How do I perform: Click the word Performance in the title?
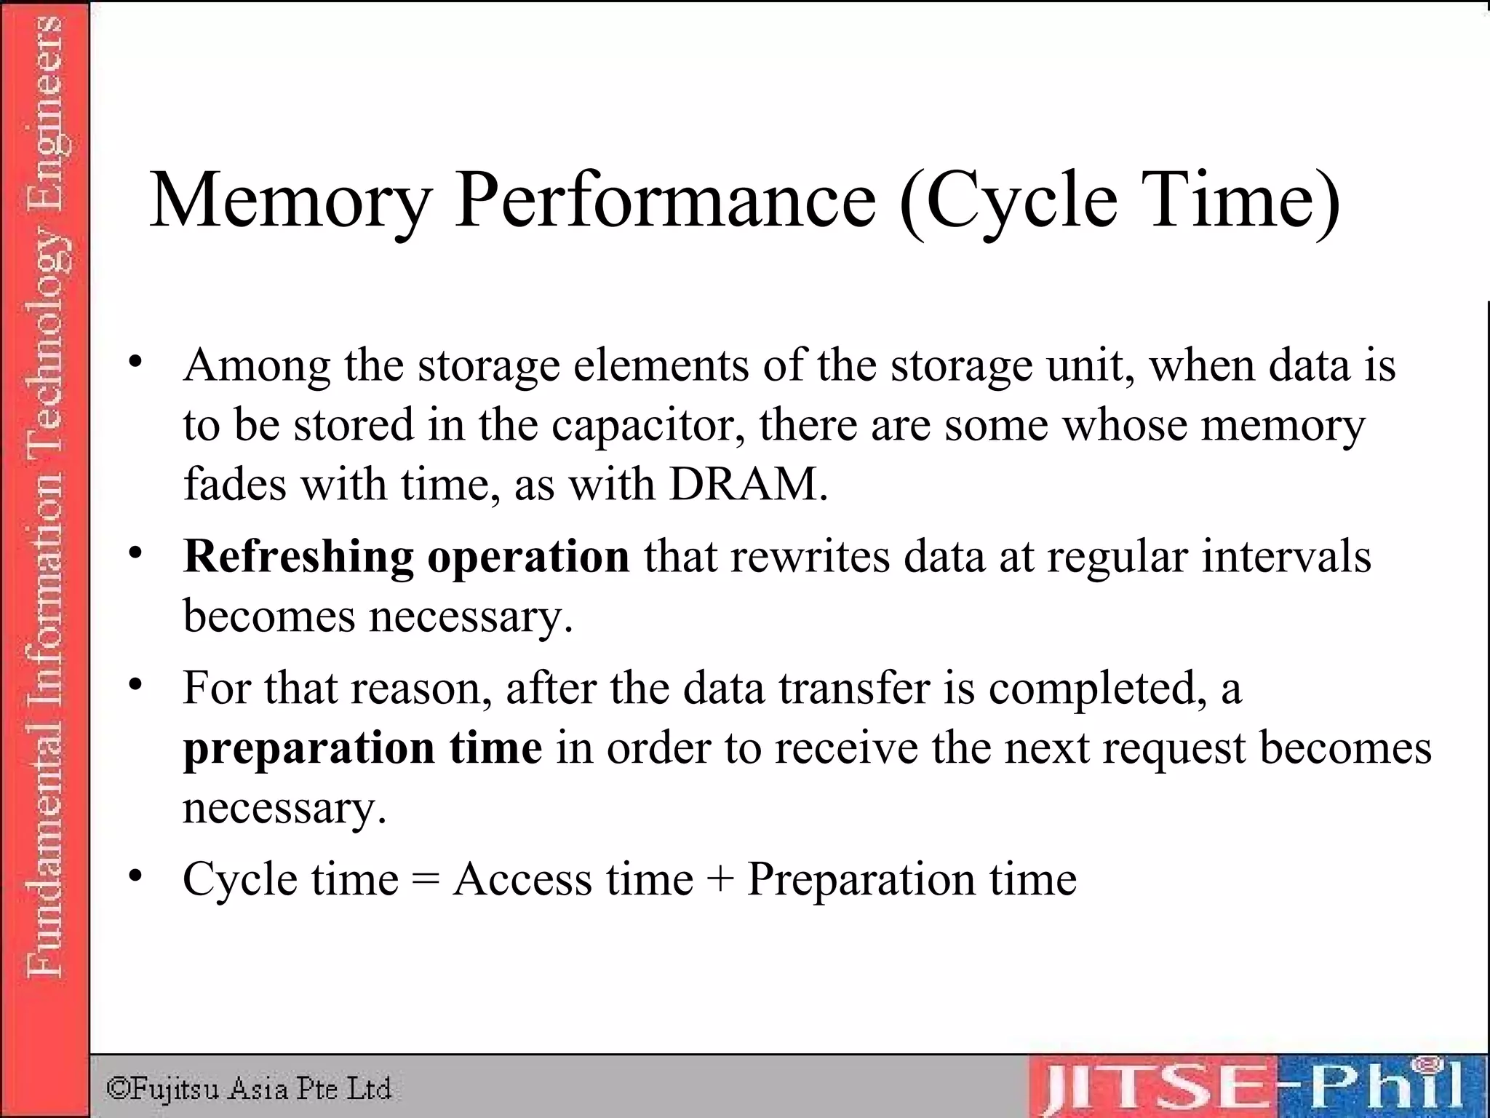click(x=665, y=200)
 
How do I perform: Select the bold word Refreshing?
click(x=298, y=557)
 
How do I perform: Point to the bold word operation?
click(x=528, y=558)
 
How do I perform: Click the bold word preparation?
click(x=308, y=749)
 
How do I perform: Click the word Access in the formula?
click(x=522, y=879)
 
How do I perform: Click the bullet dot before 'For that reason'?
click(x=135, y=685)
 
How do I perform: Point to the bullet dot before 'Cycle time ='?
click(x=135, y=876)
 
